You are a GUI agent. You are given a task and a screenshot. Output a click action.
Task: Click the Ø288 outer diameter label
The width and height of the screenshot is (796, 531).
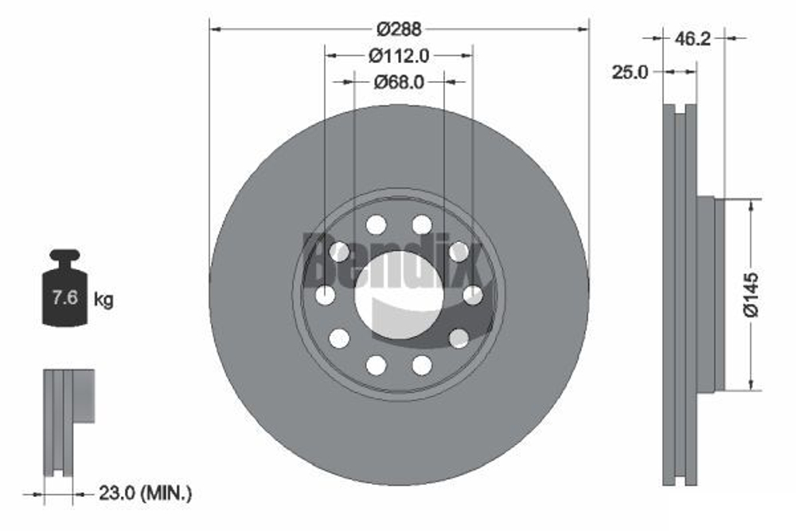point(399,29)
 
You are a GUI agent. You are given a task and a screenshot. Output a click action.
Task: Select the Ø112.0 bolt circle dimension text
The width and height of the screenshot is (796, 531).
point(399,56)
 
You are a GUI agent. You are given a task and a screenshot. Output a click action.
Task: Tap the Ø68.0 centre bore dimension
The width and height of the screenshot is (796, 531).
point(399,81)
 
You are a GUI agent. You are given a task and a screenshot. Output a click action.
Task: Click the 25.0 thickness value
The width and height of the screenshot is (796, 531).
point(630,72)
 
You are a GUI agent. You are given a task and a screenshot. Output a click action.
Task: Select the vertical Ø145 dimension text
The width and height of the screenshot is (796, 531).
point(751,295)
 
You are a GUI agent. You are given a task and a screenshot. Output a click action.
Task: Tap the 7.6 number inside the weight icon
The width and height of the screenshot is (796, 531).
point(63,299)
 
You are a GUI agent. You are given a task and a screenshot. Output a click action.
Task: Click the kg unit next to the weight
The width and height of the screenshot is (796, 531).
point(103,300)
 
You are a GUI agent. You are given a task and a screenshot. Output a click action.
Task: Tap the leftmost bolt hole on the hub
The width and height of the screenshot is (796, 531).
point(325,295)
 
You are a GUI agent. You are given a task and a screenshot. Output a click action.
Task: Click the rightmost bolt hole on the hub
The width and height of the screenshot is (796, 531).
point(473,295)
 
